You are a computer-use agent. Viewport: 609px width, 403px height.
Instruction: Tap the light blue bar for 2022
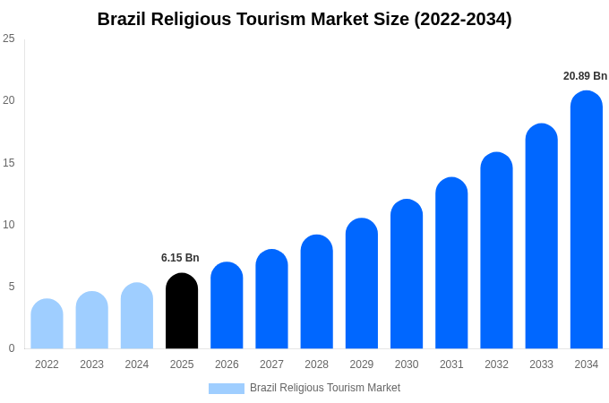pos(47,324)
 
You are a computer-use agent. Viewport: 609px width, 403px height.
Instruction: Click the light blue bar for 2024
pos(137,316)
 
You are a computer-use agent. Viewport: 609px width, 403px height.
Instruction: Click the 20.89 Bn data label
pos(585,76)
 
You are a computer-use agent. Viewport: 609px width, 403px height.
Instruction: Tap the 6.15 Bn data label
pos(180,258)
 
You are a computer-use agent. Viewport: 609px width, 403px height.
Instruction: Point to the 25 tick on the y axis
pos(9,39)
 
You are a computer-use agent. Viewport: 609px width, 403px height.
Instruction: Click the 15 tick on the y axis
pos(9,162)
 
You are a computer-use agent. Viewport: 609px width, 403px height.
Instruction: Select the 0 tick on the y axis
pos(12,348)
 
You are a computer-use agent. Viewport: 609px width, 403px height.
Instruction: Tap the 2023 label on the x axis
pos(91,364)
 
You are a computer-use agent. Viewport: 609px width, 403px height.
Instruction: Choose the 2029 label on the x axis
pos(361,364)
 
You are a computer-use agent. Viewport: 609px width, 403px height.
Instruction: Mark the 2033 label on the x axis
pos(541,364)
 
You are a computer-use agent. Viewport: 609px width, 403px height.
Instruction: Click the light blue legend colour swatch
pos(226,389)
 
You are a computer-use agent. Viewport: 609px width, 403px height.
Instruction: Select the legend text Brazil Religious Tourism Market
pos(325,388)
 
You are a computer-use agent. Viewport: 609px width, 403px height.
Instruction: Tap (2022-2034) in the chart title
pos(462,19)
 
